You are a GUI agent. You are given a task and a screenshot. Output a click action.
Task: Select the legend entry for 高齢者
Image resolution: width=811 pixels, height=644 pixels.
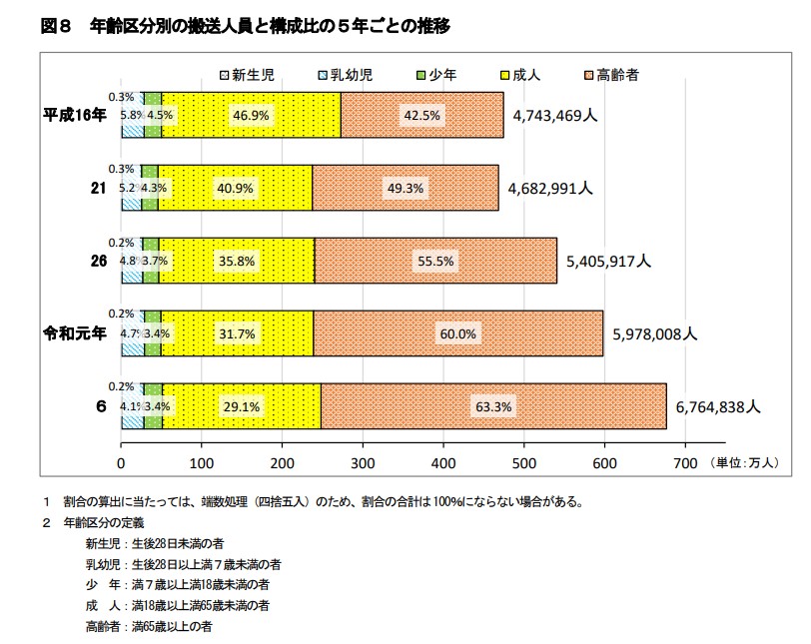pyautogui.click(x=610, y=74)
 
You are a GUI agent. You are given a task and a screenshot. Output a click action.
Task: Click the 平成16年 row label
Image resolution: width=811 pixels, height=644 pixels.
pyautogui.click(x=74, y=115)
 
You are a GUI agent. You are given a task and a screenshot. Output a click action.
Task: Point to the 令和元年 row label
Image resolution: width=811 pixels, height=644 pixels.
pyautogui.click(x=74, y=333)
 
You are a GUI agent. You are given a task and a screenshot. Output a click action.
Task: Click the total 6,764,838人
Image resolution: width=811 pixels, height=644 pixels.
pyautogui.click(x=718, y=406)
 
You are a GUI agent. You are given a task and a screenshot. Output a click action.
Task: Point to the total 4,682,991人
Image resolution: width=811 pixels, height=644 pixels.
pyautogui.click(x=549, y=188)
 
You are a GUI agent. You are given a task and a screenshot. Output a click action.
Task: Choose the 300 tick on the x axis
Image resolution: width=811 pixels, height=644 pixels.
pyautogui.click(x=363, y=463)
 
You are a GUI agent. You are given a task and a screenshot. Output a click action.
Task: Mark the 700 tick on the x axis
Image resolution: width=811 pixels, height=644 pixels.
pyautogui.click(x=685, y=463)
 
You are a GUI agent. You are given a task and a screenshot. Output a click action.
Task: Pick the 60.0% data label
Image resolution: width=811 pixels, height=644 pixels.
pyautogui.click(x=458, y=333)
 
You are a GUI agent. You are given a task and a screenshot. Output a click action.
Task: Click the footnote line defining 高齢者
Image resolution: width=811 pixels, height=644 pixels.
pyautogui.click(x=149, y=626)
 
